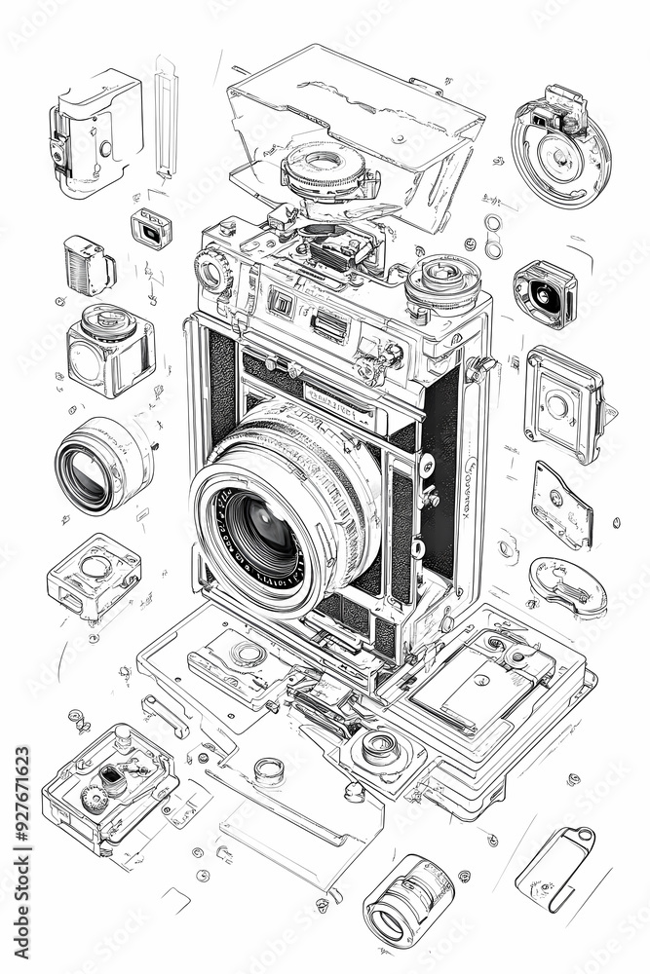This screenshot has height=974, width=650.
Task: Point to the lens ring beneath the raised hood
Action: (325, 168)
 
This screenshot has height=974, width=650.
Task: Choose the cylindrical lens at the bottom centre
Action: (408, 900)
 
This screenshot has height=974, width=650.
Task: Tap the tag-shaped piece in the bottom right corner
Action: (555, 868)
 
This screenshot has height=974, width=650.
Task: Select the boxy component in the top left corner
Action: (96, 130)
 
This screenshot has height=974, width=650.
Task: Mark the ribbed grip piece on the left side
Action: (89, 264)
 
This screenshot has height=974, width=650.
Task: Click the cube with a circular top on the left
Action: (110, 349)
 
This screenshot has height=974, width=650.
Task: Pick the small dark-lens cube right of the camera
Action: (545, 292)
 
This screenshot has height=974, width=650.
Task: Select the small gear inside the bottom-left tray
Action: (95, 800)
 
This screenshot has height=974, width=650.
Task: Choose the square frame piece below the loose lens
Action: (94, 575)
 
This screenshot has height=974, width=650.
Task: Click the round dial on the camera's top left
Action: (211, 270)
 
